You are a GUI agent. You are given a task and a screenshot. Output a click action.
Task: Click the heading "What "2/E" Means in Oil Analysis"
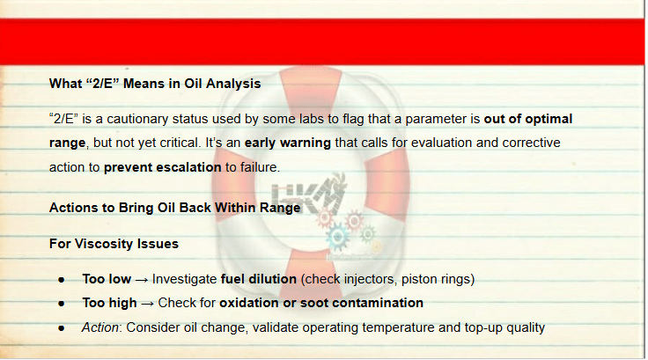point(155,84)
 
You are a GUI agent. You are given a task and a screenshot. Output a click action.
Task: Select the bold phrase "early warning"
point(288,143)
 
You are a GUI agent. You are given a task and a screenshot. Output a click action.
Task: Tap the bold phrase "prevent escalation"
point(162,167)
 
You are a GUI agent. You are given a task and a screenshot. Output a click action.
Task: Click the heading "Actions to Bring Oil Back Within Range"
point(175,208)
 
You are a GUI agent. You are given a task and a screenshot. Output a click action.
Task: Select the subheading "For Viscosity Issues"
point(114,244)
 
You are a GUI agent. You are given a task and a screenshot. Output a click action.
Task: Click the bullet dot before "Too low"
point(62,280)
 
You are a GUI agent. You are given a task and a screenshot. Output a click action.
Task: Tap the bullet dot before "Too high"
point(62,304)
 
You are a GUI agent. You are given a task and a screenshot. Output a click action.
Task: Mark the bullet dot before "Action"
point(62,328)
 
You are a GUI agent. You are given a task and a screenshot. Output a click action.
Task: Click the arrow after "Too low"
point(142,280)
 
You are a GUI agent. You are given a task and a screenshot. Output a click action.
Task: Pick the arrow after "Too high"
point(148,304)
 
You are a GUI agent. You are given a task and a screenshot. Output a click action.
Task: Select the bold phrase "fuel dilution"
point(259,279)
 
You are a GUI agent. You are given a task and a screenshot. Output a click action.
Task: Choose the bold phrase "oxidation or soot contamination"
point(321,303)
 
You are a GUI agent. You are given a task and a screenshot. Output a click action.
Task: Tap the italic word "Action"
point(100,327)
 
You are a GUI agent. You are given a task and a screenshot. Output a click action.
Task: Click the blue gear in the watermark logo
point(337,237)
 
